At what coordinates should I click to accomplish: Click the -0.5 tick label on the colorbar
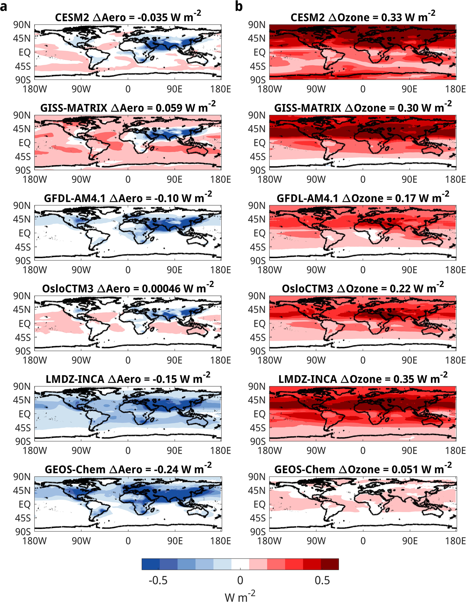click(x=158, y=580)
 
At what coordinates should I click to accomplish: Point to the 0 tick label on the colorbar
click(x=240, y=580)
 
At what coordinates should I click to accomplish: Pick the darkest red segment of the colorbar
click(x=330, y=564)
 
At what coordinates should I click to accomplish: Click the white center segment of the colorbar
click(x=240, y=564)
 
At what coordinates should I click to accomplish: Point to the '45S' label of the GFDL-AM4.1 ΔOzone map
click(x=258, y=247)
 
